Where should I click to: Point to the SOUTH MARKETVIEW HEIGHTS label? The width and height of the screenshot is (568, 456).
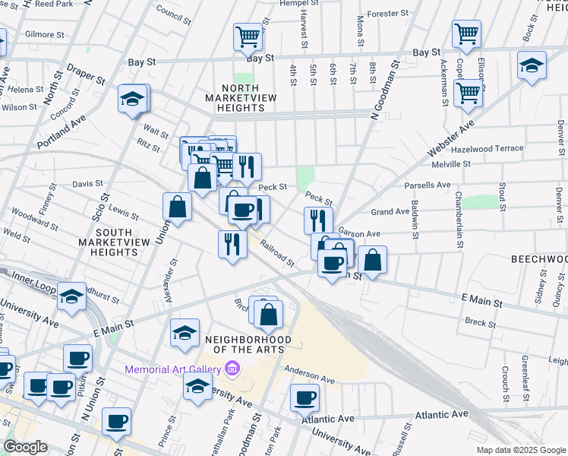pos(107,242)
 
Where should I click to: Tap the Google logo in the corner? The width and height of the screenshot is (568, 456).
pos(25,447)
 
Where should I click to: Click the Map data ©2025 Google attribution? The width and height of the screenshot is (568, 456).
pos(521,450)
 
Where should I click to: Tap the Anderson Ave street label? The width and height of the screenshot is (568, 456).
pos(309,374)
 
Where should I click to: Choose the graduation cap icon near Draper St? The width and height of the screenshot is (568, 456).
pos(132,100)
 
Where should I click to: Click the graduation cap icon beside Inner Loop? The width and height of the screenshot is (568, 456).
pos(72,296)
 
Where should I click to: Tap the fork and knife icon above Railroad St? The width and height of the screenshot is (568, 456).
pos(232,244)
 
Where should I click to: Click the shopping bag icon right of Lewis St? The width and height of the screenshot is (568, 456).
pos(176,206)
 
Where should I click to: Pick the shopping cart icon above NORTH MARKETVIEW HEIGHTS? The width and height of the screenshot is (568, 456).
pos(248,36)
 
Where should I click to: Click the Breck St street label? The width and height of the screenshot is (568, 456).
pos(480,323)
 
